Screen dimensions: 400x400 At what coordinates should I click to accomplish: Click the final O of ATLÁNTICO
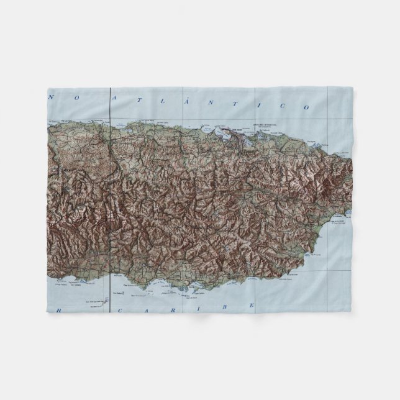(306, 107)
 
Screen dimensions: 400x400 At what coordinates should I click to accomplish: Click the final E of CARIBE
(252, 305)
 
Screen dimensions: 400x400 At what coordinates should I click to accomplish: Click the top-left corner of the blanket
(48, 88)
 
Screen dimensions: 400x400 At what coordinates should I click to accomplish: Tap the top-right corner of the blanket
(352, 88)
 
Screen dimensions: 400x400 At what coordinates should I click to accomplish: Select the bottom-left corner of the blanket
(48, 312)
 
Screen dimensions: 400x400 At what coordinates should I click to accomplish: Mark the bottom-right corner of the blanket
(352, 312)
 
